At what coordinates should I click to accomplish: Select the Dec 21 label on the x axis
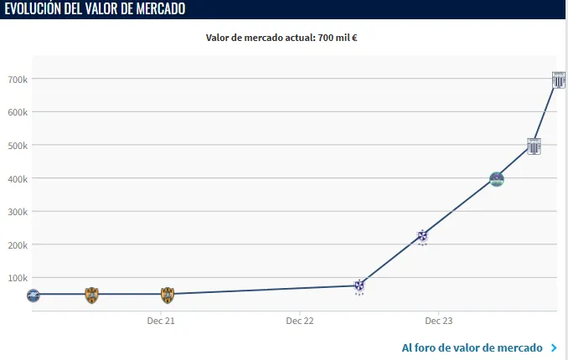[x=160, y=321]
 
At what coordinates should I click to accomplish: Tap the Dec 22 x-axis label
[x=299, y=321]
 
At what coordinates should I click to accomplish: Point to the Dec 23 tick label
[x=438, y=321]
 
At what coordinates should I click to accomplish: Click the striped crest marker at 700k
[x=559, y=80]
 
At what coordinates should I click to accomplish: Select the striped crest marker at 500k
[x=534, y=146]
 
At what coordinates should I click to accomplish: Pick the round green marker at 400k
[x=497, y=179]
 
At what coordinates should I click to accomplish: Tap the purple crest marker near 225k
[x=423, y=237]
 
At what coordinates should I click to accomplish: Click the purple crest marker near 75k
[x=359, y=286]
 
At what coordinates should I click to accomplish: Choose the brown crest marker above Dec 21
[x=168, y=295]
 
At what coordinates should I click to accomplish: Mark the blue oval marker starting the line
[x=33, y=295]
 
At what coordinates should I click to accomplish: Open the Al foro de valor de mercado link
[x=474, y=347]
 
